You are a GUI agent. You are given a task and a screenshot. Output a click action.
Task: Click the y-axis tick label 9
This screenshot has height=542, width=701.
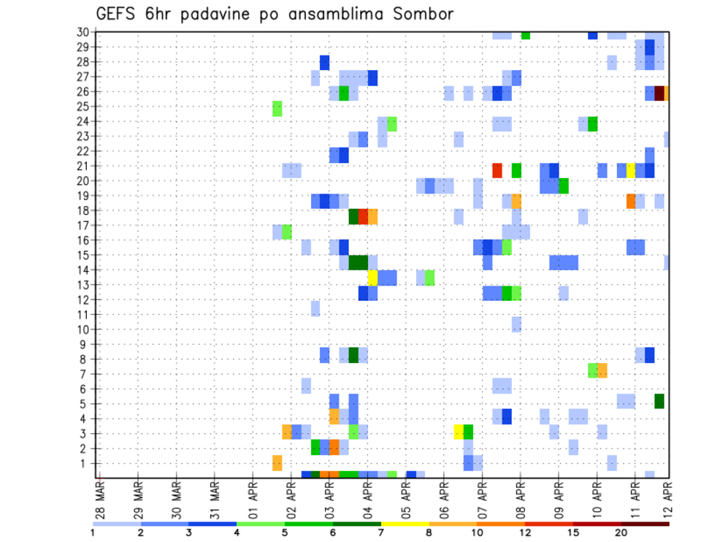pyautogui.click(x=85, y=344)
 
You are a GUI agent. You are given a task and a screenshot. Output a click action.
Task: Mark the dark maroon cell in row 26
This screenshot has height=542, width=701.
pyautogui.click(x=659, y=93)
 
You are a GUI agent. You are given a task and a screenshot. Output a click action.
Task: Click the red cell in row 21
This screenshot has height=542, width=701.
pyautogui.click(x=497, y=170)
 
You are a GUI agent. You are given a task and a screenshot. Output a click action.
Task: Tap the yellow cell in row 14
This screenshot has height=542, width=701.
pyautogui.click(x=372, y=277)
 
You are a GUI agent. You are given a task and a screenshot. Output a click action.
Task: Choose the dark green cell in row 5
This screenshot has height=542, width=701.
pyautogui.click(x=659, y=400)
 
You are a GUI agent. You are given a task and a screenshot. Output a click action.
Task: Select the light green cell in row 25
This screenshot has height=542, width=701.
pyautogui.click(x=277, y=108)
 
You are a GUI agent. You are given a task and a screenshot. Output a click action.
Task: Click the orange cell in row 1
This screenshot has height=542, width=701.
pyautogui.click(x=277, y=462)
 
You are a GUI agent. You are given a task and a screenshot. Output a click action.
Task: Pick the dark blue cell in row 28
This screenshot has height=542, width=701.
pyautogui.click(x=325, y=63)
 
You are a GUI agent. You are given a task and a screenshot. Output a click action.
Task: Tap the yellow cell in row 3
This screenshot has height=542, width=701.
pyautogui.click(x=459, y=431)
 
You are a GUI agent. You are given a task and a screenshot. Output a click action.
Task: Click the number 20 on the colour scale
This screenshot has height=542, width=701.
pyautogui.click(x=621, y=532)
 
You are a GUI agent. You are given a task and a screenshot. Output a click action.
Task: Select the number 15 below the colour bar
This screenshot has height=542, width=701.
pyautogui.click(x=572, y=532)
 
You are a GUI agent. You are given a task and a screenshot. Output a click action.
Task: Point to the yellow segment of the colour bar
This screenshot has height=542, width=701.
pyautogui.click(x=405, y=524)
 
